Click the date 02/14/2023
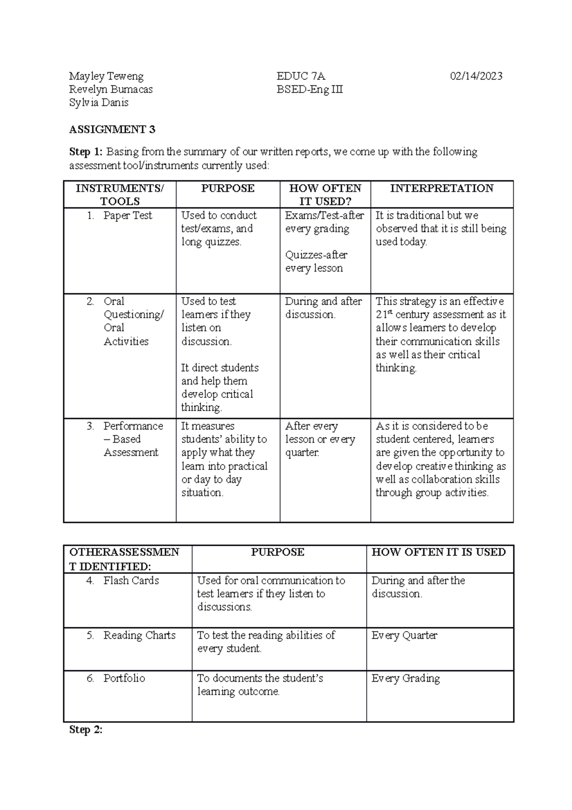click(x=476, y=76)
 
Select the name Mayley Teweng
click(x=106, y=76)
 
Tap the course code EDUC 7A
click(x=301, y=76)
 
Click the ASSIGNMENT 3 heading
click(x=112, y=129)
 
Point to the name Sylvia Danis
click(x=99, y=103)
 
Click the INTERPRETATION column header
click(x=441, y=188)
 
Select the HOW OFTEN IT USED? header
click(x=325, y=195)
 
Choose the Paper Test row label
click(x=127, y=216)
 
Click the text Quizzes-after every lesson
click(x=316, y=261)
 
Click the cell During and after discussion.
click(x=323, y=308)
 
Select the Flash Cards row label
click(x=131, y=581)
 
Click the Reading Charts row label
click(x=139, y=635)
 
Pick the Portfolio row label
click(x=124, y=678)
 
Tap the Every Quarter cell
click(x=404, y=635)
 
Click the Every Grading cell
click(x=406, y=678)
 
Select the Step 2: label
click(x=86, y=730)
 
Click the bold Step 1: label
click(x=86, y=152)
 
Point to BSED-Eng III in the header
click(x=310, y=90)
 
